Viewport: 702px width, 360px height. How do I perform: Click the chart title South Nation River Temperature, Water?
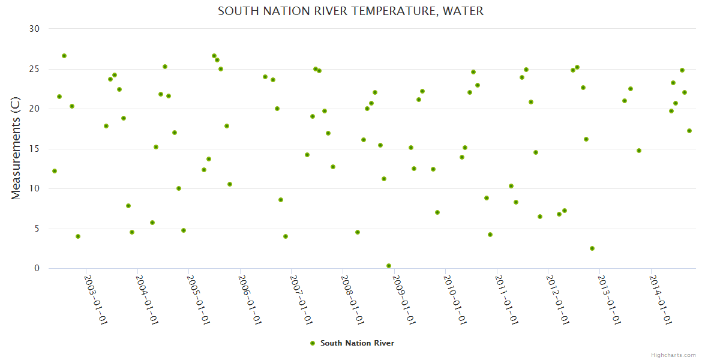(x=350, y=11)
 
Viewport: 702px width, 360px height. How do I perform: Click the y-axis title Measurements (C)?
(x=16, y=149)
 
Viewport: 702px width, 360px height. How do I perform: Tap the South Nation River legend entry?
(x=357, y=343)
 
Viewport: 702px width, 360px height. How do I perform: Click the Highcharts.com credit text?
(x=673, y=355)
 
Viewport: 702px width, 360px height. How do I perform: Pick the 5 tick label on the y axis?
(x=37, y=229)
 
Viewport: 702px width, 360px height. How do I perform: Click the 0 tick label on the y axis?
(x=37, y=269)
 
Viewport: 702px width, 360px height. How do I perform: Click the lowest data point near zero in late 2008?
(x=389, y=266)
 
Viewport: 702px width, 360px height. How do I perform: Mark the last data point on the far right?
(x=689, y=131)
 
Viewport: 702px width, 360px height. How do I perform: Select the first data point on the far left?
(x=55, y=171)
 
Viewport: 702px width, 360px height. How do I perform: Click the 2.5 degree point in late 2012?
(x=592, y=248)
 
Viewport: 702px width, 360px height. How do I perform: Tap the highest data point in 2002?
(x=64, y=56)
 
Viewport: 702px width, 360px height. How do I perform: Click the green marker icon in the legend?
(x=312, y=343)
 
